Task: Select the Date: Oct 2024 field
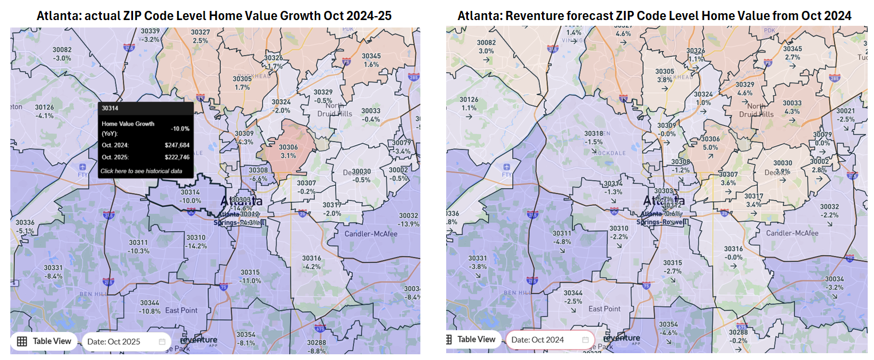pyautogui.click(x=549, y=339)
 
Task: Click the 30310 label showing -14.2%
pyautogui.click(x=196, y=241)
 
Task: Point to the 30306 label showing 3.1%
pyautogui.click(x=288, y=151)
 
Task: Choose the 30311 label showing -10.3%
pyautogui.click(x=138, y=246)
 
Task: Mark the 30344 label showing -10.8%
pyautogui.click(x=150, y=307)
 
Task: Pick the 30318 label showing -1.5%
pyautogui.click(x=594, y=138)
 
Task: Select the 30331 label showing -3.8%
pyautogui.click(x=478, y=263)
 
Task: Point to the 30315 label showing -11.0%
pyautogui.click(x=250, y=276)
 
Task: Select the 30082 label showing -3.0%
pyautogui.click(x=61, y=54)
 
